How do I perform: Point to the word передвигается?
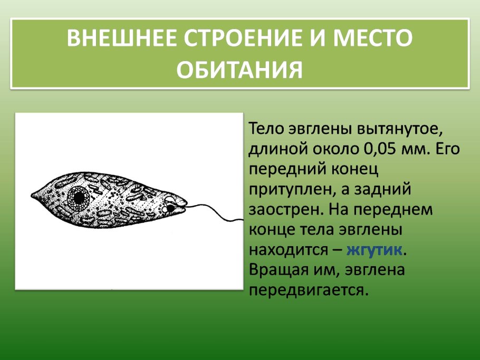[x=306, y=290]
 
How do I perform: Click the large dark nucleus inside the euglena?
[x=80, y=198]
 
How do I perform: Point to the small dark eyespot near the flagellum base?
[x=171, y=209]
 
